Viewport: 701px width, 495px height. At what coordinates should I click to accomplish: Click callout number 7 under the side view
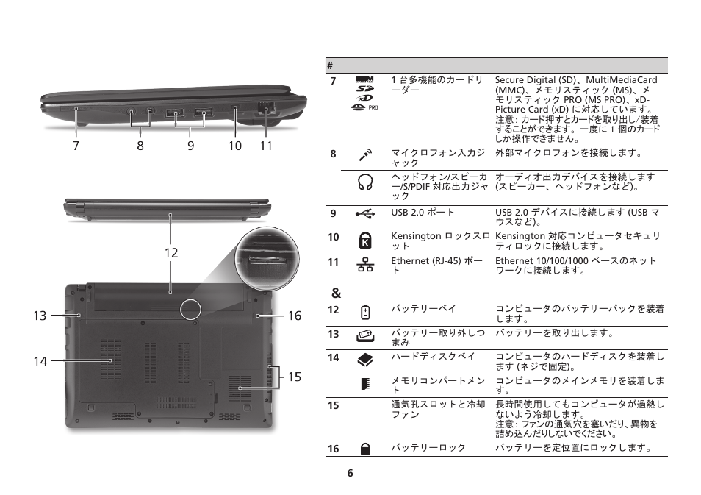(x=76, y=146)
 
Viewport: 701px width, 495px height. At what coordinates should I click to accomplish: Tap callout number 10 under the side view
(x=234, y=146)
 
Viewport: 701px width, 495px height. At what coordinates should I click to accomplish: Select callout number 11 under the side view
(x=265, y=146)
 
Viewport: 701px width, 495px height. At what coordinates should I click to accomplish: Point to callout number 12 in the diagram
(x=171, y=252)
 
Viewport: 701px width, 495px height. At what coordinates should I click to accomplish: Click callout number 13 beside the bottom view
(x=40, y=316)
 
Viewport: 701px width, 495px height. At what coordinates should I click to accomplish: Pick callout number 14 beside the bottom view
(x=40, y=361)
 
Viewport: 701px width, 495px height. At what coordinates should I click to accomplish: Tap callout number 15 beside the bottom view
(x=294, y=377)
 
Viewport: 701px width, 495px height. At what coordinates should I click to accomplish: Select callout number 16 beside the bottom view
(x=294, y=316)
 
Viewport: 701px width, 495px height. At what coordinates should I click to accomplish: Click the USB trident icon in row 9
(x=365, y=213)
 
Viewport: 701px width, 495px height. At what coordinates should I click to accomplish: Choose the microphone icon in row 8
(x=365, y=154)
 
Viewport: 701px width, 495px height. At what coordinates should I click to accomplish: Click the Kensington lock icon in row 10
(x=365, y=240)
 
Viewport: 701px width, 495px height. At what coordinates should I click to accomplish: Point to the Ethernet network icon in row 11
(x=365, y=264)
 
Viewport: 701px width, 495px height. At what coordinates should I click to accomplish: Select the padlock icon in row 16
(x=365, y=448)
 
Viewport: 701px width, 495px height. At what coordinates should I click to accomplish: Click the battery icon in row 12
(x=365, y=312)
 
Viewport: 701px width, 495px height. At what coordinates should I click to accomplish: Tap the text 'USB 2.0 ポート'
(x=423, y=213)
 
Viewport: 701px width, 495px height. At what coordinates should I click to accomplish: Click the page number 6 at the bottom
(x=350, y=473)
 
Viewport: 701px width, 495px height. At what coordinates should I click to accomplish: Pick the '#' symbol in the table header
(x=331, y=65)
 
